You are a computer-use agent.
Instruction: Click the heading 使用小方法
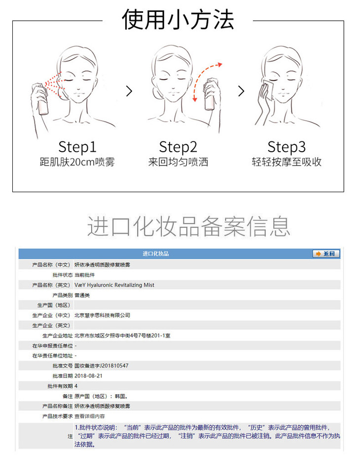pyautogui.click(x=178, y=20)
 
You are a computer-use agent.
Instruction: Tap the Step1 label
pyautogui.click(x=77, y=147)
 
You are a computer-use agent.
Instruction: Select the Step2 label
pyautogui.click(x=178, y=147)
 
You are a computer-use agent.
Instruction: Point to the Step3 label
pyautogui.click(x=287, y=147)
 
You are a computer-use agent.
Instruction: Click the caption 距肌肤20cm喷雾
pyautogui.click(x=77, y=162)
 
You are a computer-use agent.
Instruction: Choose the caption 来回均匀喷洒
pyautogui.click(x=178, y=162)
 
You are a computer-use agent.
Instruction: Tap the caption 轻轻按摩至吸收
pyautogui.click(x=287, y=162)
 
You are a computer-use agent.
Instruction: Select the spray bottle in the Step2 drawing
pyautogui.click(x=210, y=95)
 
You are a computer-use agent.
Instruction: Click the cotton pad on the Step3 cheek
pyautogui.click(x=268, y=88)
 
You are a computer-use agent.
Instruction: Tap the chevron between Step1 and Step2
pyautogui.click(x=129, y=91)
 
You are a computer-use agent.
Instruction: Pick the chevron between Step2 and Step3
pyautogui.click(x=241, y=91)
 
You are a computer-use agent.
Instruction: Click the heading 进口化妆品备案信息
pyautogui.click(x=189, y=226)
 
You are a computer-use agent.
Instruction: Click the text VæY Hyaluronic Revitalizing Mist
pyautogui.click(x=114, y=285)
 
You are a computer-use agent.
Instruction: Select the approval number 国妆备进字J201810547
pyautogui.click(x=102, y=366)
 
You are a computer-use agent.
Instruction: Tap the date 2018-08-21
pyautogui.click(x=88, y=376)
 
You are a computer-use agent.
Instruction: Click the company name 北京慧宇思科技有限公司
pyautogui.click(x=102, y=315)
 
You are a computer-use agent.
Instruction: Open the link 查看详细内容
pyautogui.click(x=90, y=416)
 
